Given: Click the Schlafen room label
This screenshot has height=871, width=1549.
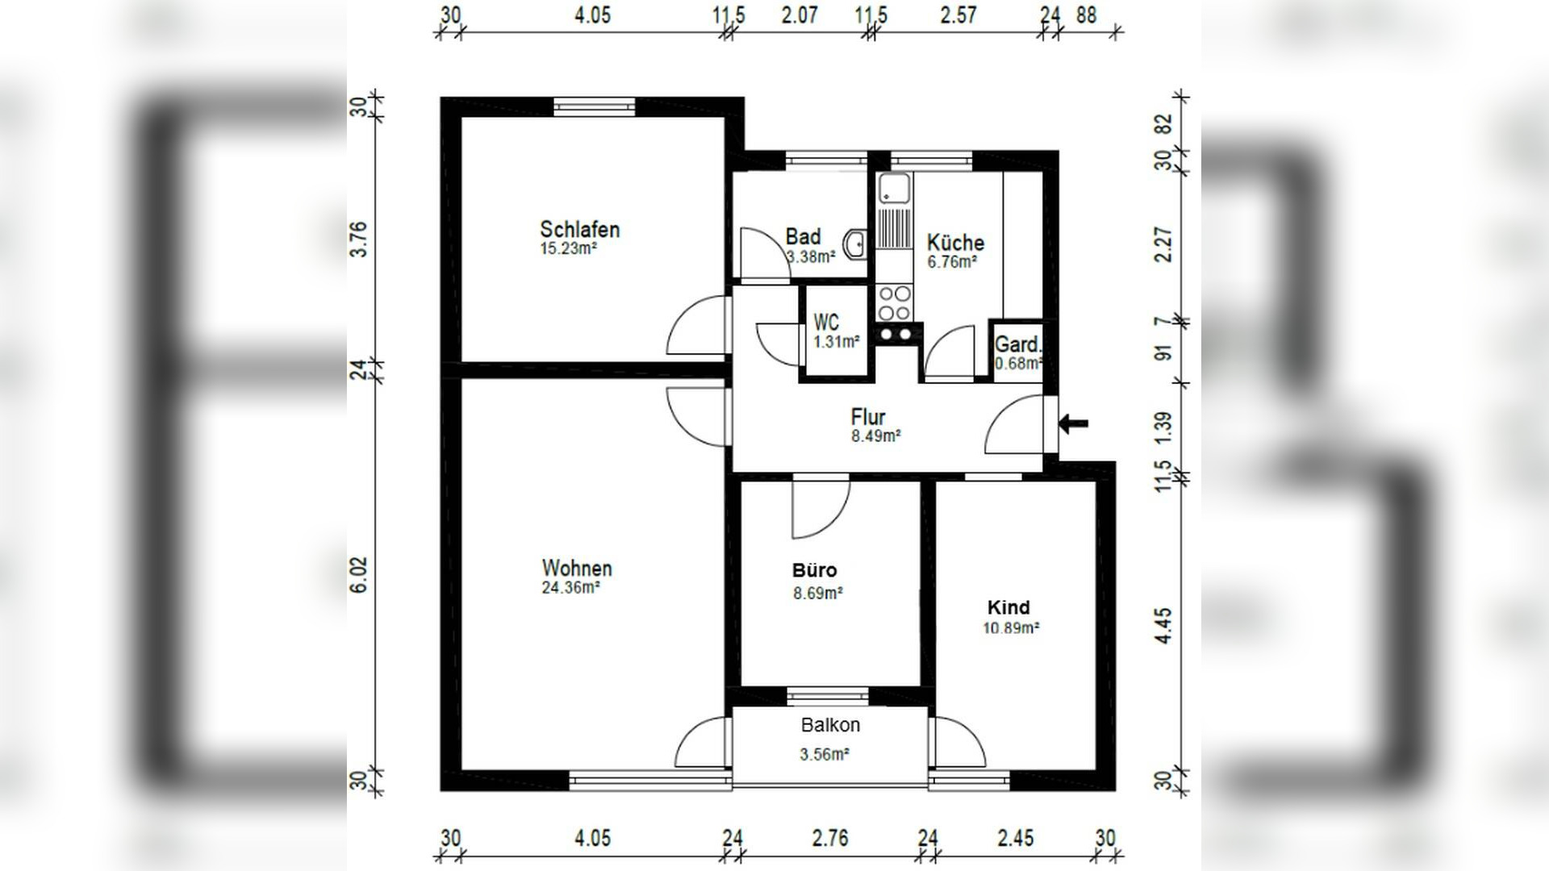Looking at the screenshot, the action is (580, 229).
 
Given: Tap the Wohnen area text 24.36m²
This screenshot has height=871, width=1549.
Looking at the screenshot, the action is (570, 588).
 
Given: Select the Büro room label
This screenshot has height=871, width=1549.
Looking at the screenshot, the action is (815, 570).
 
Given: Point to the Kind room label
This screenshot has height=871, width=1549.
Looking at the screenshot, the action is (1008, 607).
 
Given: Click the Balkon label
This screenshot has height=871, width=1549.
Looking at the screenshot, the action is (830, 725).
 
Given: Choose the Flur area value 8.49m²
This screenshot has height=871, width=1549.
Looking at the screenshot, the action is (875, 436).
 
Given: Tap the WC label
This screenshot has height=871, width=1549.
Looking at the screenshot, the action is (826, 323).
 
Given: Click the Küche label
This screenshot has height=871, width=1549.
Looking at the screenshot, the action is (955, 243).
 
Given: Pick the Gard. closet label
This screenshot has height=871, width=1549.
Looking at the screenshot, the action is (1018, 345).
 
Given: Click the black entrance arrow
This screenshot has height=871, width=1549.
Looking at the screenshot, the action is (1073, 423).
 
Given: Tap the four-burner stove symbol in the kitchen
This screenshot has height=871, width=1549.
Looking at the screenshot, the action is (895, 303).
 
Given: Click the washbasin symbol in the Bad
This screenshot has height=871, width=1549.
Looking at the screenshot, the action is (855, 243).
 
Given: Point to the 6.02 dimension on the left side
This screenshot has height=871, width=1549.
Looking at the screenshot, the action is (358, 574).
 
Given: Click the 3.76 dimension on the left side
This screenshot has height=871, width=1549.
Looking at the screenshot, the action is (358, 239).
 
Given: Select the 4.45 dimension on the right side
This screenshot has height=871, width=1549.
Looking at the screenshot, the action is (1163, 626).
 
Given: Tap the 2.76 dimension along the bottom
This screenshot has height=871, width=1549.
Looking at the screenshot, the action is (830, 839).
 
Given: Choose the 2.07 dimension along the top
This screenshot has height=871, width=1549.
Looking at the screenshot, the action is (800, 15).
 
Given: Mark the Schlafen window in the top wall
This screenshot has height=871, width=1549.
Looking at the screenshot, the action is (595, 106).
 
